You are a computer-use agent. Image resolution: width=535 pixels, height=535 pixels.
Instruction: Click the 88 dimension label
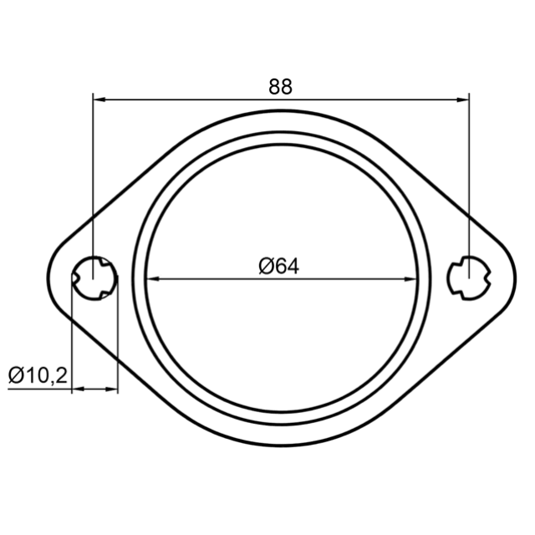coord(280,87)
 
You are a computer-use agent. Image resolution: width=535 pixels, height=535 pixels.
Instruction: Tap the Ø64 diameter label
coord(278,266)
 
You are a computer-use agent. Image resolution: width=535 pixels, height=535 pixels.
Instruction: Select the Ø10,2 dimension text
coord(38,375)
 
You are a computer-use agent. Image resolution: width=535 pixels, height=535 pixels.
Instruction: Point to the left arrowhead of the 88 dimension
coord(99,99)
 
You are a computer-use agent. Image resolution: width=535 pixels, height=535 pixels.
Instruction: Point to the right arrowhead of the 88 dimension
coord(462,99)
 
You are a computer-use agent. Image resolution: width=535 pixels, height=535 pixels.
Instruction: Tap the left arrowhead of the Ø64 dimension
coord(152,278)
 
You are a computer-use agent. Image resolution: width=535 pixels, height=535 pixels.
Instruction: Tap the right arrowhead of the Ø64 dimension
coord(410,278)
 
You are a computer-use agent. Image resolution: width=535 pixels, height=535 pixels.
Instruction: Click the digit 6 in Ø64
coord(280,266)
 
